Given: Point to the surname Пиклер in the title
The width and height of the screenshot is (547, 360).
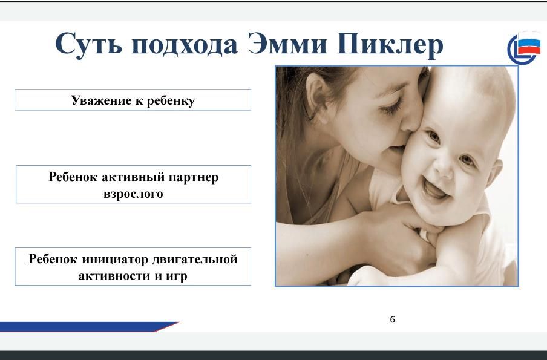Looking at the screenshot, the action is coord(390,45).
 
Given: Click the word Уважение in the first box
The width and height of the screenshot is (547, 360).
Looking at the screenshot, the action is coord(102,100).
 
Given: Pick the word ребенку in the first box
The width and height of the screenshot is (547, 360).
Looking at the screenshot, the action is coord(171,100).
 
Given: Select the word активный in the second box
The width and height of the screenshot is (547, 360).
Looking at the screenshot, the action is coord(133,177).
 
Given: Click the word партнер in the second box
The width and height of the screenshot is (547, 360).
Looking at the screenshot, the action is coord(194,177).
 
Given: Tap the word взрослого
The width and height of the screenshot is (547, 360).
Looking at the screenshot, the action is coord(133,194).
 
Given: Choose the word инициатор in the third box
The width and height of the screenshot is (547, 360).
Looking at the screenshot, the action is coord(115,259).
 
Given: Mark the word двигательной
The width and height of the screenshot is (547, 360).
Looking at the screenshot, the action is coord(195,259).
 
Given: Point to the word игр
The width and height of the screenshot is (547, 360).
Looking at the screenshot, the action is coord(177,277).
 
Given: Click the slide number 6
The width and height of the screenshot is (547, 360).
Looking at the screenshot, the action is coord(393,319).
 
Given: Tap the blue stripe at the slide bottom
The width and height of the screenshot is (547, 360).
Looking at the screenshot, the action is coord(89,327).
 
